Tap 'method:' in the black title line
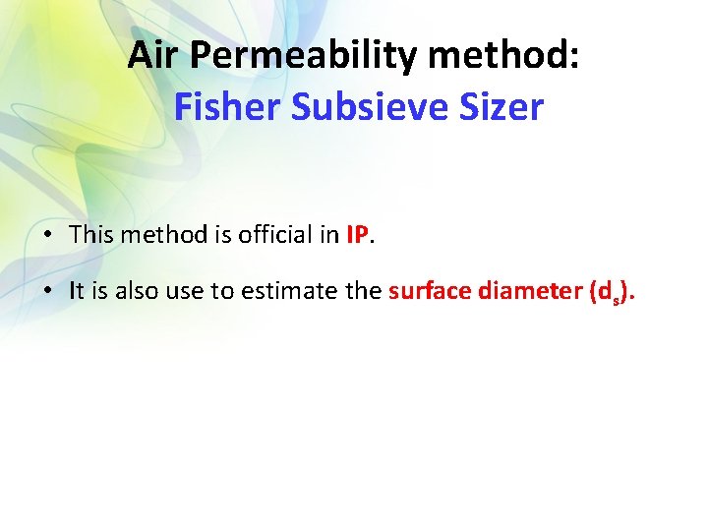point(504,56)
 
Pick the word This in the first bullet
point(91,236)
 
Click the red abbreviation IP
point(357,236)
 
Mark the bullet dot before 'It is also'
point(47,291)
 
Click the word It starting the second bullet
point(77,290)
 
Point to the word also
point(133,290)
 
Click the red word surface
point(430,290)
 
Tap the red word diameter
point(532,290)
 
